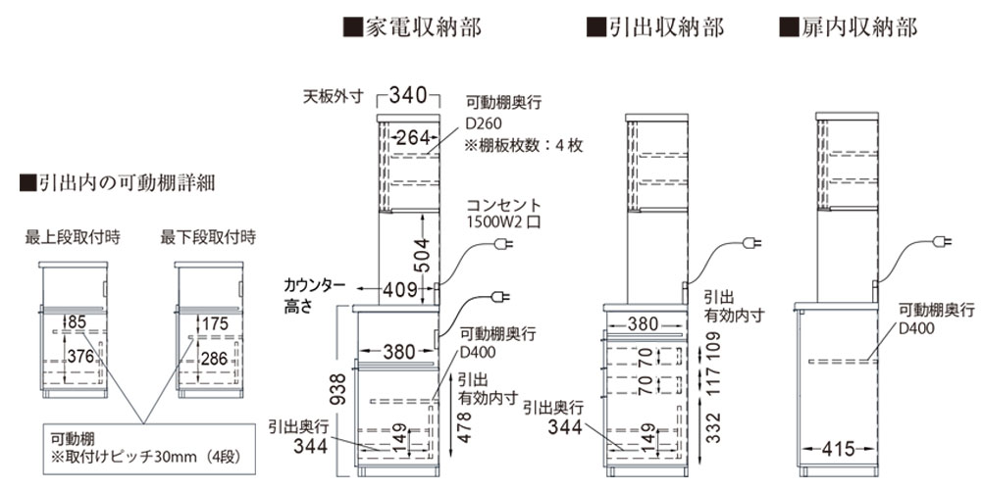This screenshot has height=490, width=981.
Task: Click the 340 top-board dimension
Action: click(x=408, y=96)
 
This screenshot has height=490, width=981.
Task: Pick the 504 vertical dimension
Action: click(x=424, y=255)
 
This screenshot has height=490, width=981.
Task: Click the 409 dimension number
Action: click(x=400, y=289)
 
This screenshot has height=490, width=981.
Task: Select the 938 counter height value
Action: click(x=337, y=391)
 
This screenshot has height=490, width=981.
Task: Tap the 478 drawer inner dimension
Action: click(x=464, y=427)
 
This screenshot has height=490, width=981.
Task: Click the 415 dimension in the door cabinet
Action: click(x=838, y=448)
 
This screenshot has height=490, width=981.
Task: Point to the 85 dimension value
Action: click(x=77, y=322)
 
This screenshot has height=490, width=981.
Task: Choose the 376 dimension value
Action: click(x=81, y=358)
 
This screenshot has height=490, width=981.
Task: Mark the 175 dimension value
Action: click(x=215, y=323)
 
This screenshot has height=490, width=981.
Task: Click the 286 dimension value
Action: click(x=215, y=358)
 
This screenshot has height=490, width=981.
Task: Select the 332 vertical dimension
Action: click(x=714, y=427)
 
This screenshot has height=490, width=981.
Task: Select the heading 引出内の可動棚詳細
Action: click(x=118, y=183)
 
